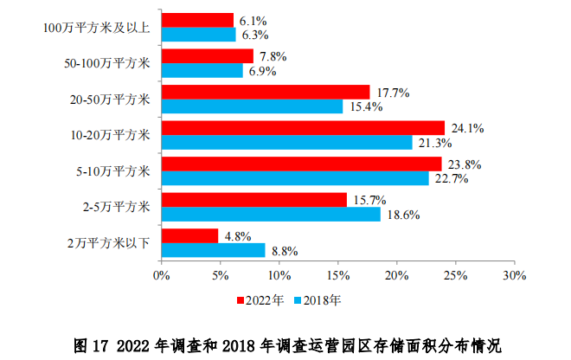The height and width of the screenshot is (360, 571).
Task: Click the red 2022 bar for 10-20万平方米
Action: point(303,127)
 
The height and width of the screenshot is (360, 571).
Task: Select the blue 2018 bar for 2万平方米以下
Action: point(213,250)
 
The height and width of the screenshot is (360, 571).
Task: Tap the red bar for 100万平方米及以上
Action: point(197,20)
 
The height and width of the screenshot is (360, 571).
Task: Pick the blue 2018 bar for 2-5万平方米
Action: point(271,214)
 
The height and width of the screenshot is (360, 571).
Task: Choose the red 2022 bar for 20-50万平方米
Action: point(266,92)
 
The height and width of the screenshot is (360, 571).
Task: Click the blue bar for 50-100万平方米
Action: point(202,71)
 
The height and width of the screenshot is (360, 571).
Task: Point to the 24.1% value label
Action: point(466,128)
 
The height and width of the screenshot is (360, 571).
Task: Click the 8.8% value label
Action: point(285,251)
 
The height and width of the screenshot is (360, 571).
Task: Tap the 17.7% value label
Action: point(391,92)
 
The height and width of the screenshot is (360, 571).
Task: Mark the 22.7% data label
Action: point(449,179)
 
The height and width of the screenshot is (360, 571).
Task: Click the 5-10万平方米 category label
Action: point(113,170)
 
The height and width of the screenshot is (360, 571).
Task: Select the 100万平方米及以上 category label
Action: point(97,28)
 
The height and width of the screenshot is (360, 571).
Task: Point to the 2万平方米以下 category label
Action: point(109,242)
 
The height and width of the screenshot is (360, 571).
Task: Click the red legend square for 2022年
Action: point(241,301)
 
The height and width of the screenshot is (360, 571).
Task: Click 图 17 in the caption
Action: point(89,345)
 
